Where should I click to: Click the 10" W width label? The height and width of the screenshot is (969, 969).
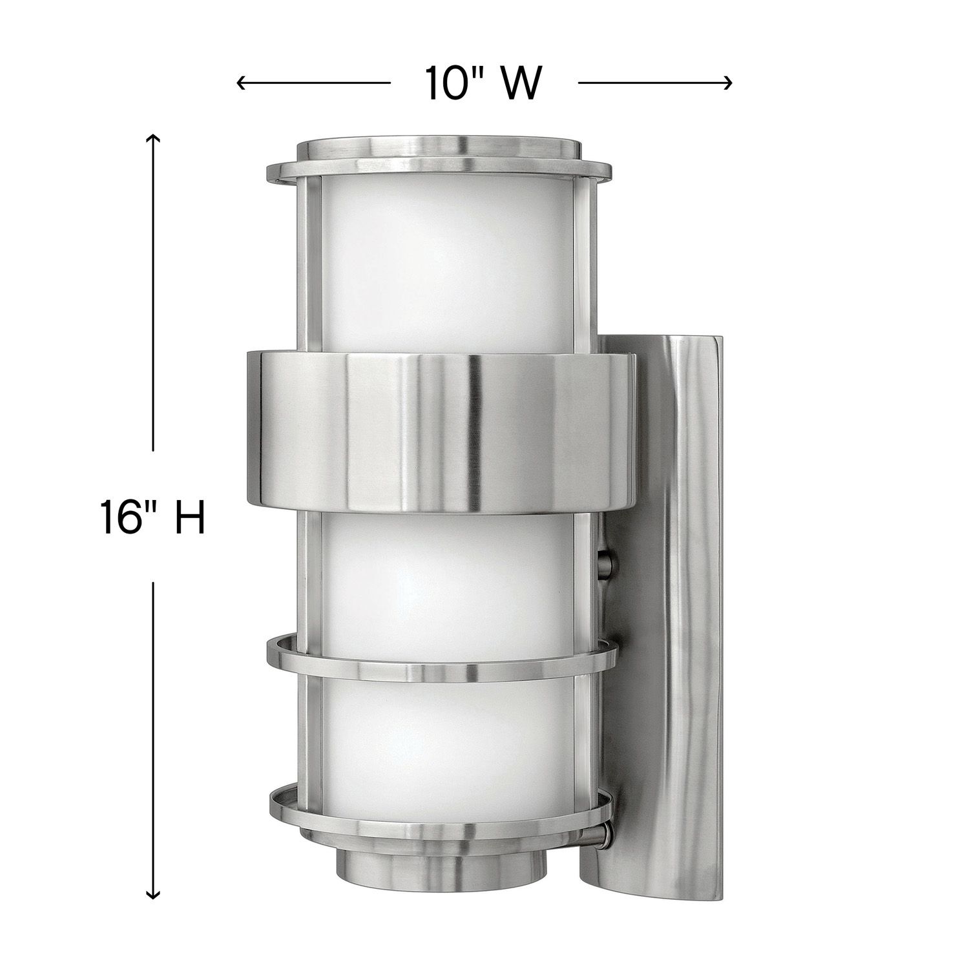pos(481,83)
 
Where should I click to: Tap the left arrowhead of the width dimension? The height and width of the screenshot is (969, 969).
pos(240,83)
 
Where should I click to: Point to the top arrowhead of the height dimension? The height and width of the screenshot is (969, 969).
pos(152,138)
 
